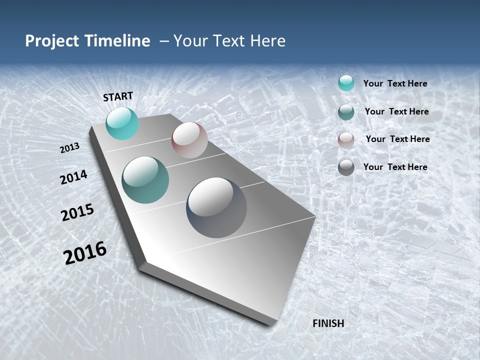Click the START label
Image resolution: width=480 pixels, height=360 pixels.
tap(118, 96)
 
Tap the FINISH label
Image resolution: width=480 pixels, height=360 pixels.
tap(328, 323)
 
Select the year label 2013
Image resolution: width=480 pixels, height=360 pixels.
tap(69, 148)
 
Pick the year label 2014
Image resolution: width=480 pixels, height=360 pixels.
tap(73, 177)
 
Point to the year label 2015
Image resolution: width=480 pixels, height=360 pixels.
tap(77, 212)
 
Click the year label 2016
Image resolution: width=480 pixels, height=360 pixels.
tap(85, 253)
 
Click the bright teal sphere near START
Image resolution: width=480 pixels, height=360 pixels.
tap(122, 123)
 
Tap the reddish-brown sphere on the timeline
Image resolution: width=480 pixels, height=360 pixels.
tap(189, 139)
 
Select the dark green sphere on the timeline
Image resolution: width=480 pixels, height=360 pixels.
tap(145, 179)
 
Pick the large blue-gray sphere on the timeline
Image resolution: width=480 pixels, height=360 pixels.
tap(216, 207)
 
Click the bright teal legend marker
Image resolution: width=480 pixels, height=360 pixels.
tap(346, 83)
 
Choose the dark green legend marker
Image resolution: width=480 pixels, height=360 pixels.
tap(346, 111)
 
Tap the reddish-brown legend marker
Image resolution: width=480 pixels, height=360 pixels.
tap(346, 139)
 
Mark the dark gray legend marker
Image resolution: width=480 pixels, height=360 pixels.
tap(346, 167)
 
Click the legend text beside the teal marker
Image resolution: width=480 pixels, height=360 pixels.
tap(395, 84)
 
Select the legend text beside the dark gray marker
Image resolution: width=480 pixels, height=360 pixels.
tap(395, 167)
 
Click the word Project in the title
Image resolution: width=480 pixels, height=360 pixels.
tap(52, 41)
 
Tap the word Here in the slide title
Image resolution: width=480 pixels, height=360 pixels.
tap(267, 41)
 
